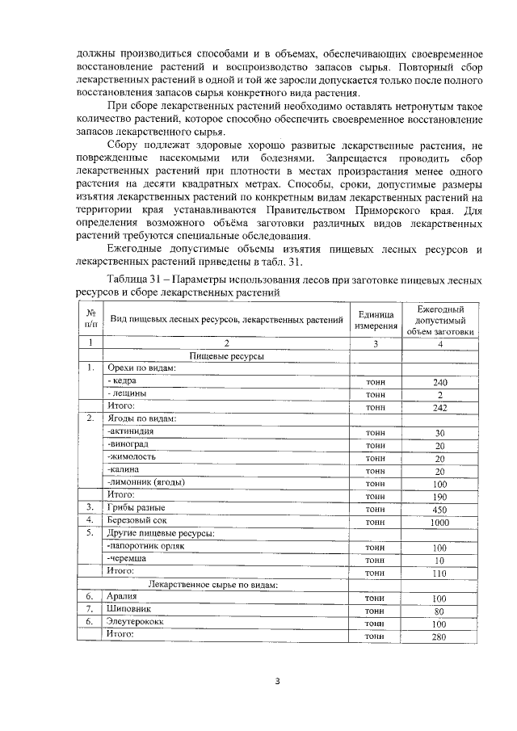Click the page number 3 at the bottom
click(x=277, y=680)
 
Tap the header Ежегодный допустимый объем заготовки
click(x=439, y=320)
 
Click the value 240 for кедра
click(x=439, y=381)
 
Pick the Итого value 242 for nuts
click(x=439, y=407)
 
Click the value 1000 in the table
click(x=439, y=522)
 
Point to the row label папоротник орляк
click(x=146, y=546)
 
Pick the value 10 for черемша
click(x=439, y=560)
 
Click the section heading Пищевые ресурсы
click(x=227, y=355)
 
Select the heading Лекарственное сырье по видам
click(x=213, y=584)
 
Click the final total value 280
click(x=439, y=636)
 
